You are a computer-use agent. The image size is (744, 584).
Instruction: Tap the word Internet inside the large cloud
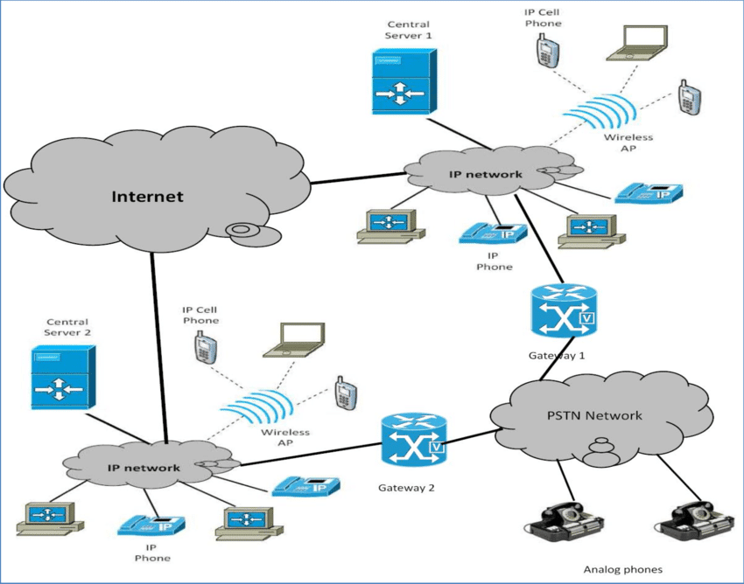pos(147,196)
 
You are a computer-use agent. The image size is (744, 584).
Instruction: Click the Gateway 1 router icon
pos(562,311)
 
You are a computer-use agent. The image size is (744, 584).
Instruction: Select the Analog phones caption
pos(622,569)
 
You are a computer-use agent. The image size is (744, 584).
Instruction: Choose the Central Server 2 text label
pos(67,327)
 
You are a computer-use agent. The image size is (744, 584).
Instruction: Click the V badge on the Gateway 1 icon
pos(586,320)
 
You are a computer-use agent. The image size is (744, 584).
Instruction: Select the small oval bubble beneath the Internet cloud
pos(242,231)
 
